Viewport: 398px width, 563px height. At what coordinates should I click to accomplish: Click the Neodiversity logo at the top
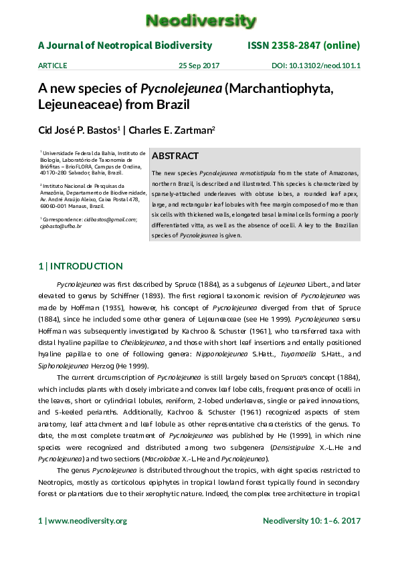[201, 21]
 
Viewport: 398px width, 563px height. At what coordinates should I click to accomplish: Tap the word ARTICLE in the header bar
[53, 66]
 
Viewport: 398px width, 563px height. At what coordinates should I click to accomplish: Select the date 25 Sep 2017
[199, 66]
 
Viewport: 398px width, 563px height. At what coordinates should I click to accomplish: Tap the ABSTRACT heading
[175, 156]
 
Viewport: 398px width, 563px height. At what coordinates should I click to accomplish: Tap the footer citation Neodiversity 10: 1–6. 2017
[311, 520]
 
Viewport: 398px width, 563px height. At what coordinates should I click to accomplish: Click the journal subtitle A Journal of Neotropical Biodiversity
[125, 45]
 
